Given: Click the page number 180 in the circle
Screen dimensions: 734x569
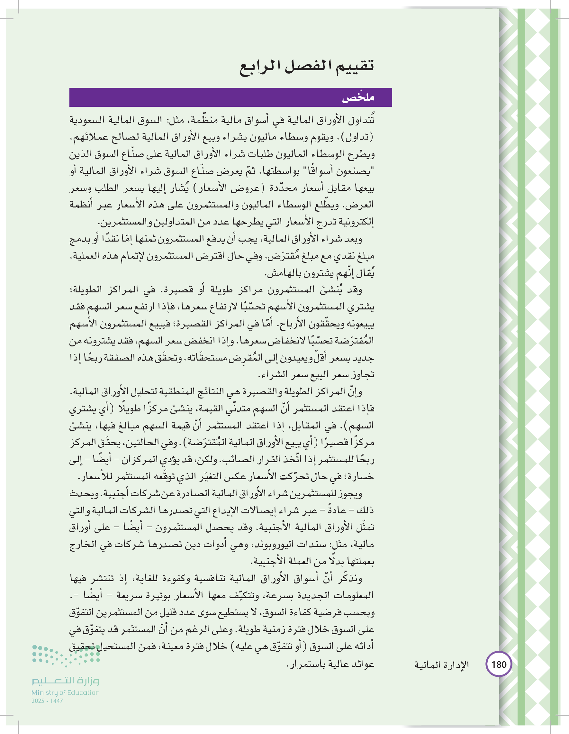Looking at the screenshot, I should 499,665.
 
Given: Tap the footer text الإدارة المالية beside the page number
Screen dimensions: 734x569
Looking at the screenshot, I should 441,665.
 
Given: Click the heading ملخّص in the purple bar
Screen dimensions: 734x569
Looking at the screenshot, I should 358,98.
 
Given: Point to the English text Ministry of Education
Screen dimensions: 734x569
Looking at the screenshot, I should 66,692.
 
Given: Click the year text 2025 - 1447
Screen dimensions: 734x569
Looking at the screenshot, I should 47,701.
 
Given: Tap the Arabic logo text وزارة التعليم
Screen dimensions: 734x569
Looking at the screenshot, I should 66,681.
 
